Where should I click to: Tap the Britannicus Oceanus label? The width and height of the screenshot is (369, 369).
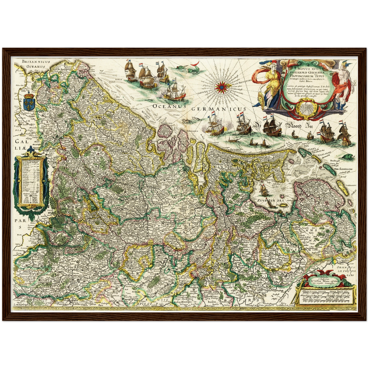coord(36,64)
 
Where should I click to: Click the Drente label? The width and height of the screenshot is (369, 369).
coord(304,237)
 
